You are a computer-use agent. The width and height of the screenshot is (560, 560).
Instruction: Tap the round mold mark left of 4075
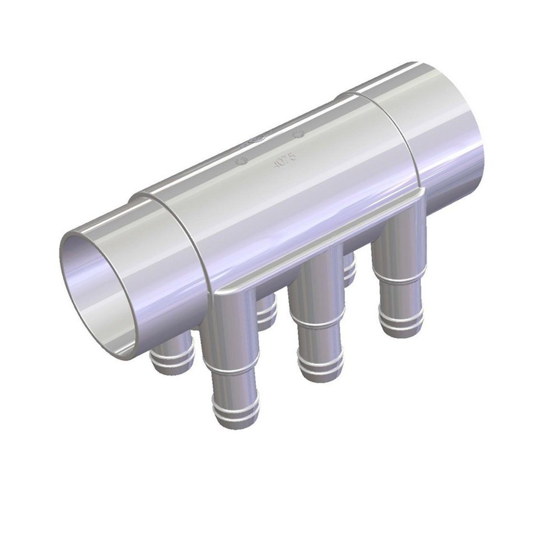point(243,161)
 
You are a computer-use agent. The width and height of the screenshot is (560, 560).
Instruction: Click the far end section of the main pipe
point(442,134)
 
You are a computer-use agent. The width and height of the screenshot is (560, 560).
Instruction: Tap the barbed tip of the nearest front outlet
point(235,412)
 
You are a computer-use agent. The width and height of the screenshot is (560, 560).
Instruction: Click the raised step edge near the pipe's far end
point(392,140)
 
